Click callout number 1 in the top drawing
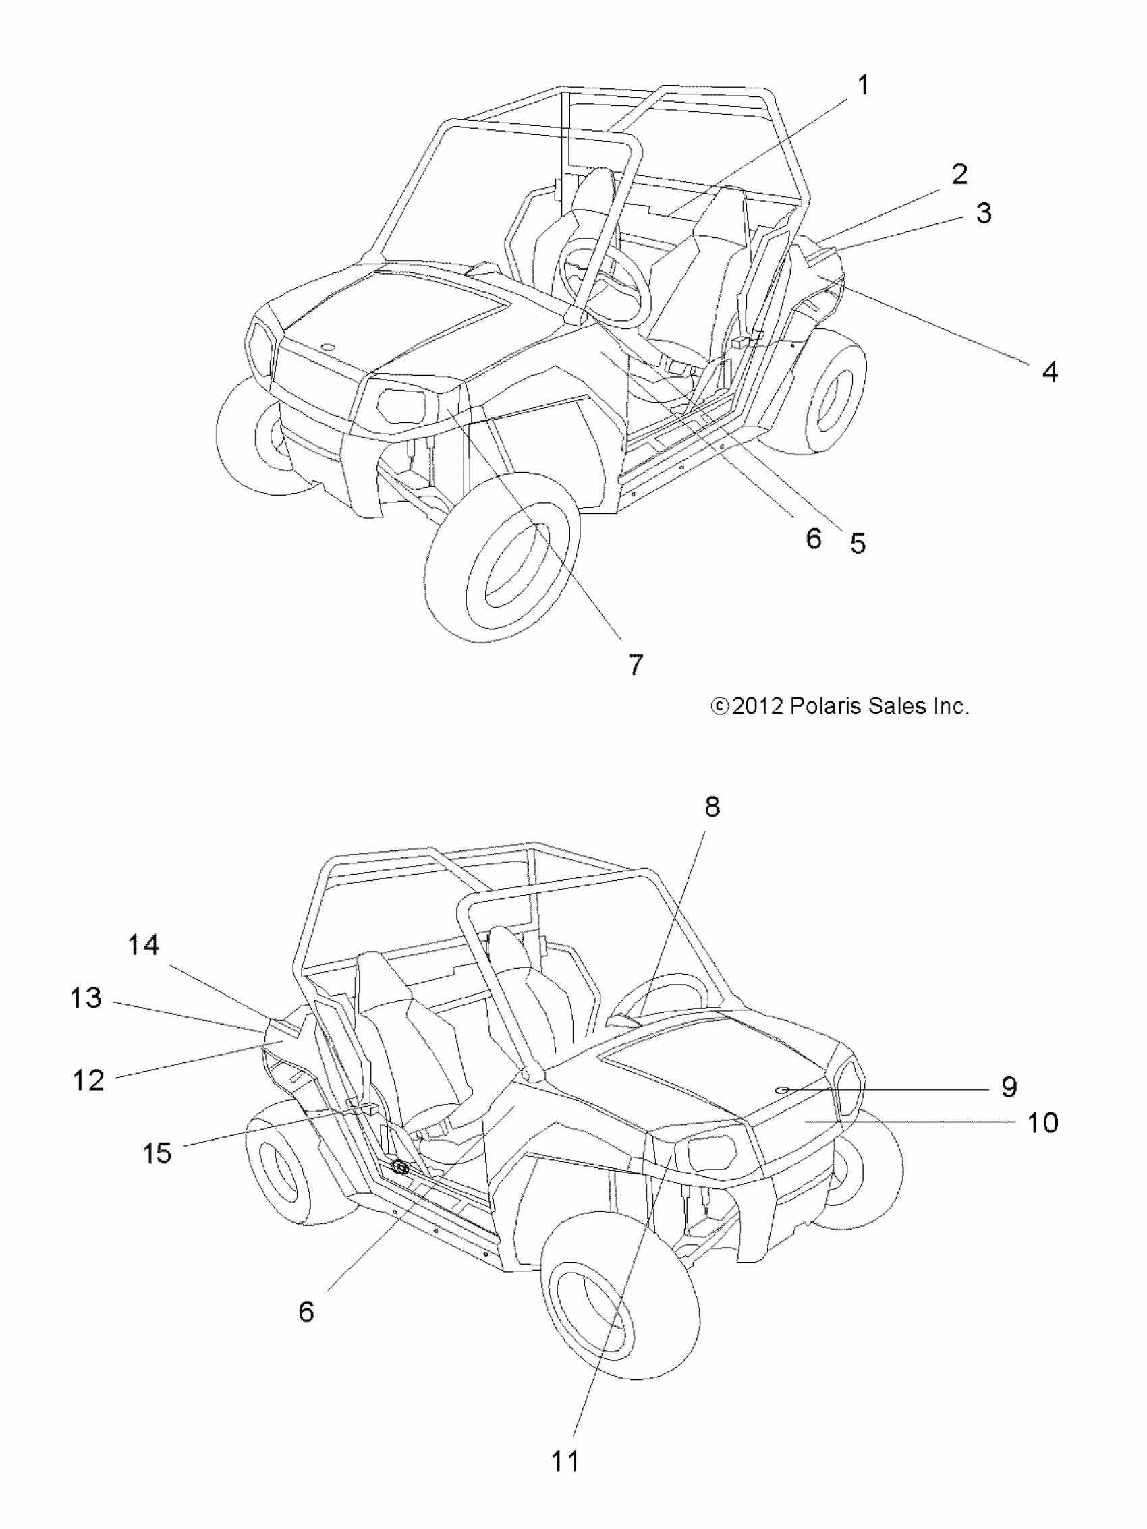(x=862, y=86)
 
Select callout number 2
(x=959, y=174)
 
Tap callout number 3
(x=983, y=213)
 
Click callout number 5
(x=858, y=544)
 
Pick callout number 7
(x=636, y=664)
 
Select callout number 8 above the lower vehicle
(x=712, y=806)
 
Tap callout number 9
(x=1009, y=1087)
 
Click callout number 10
(x=1042, y=1122)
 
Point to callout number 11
(x=565, y=1462)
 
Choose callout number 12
(x=88, y=1080)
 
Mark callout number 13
(x=86, y=998)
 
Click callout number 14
(x=143, y=945)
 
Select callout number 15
(x=157, y=1153)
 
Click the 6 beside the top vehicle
(x=813, y=538)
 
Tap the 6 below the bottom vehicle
(x=306, y=1311)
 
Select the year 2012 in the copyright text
(x=757, y=705)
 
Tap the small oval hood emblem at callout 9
(x=783, y=1089)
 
